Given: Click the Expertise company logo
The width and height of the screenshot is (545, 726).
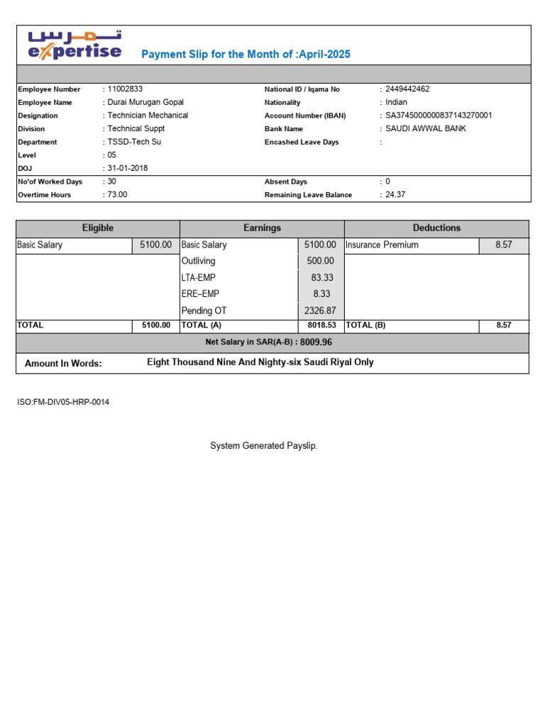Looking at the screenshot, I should (75, 45).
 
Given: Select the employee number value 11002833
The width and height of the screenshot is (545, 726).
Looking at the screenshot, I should (125, 89).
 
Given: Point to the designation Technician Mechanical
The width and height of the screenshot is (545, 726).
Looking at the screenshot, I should (148, 115).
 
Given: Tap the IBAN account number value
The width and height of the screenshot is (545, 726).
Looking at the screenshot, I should (439, 115).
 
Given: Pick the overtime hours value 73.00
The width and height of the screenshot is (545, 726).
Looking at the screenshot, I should (118, 194).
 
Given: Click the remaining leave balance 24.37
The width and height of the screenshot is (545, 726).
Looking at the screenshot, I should (395, 194).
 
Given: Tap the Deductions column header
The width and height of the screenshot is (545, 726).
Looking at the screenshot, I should (436, 228).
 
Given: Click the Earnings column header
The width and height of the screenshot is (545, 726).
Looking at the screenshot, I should (262, 228).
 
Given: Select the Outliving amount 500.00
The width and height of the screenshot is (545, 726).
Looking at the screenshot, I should (320, 261).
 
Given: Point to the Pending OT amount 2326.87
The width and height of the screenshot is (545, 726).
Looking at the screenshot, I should (319, 311).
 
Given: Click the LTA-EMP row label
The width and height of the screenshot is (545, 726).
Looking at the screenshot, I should (198, 278).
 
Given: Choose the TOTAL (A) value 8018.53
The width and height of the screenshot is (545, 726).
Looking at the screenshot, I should (321, 325).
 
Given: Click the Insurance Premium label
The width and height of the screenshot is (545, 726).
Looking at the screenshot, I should (382, 245).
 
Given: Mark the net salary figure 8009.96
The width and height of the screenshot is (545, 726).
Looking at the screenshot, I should (316, 342).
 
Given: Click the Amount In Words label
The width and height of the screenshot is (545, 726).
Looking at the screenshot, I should (63, 364).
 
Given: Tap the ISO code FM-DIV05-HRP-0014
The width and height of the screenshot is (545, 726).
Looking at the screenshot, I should (63, 402).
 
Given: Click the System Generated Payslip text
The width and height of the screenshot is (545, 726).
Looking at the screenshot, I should (264, 445).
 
